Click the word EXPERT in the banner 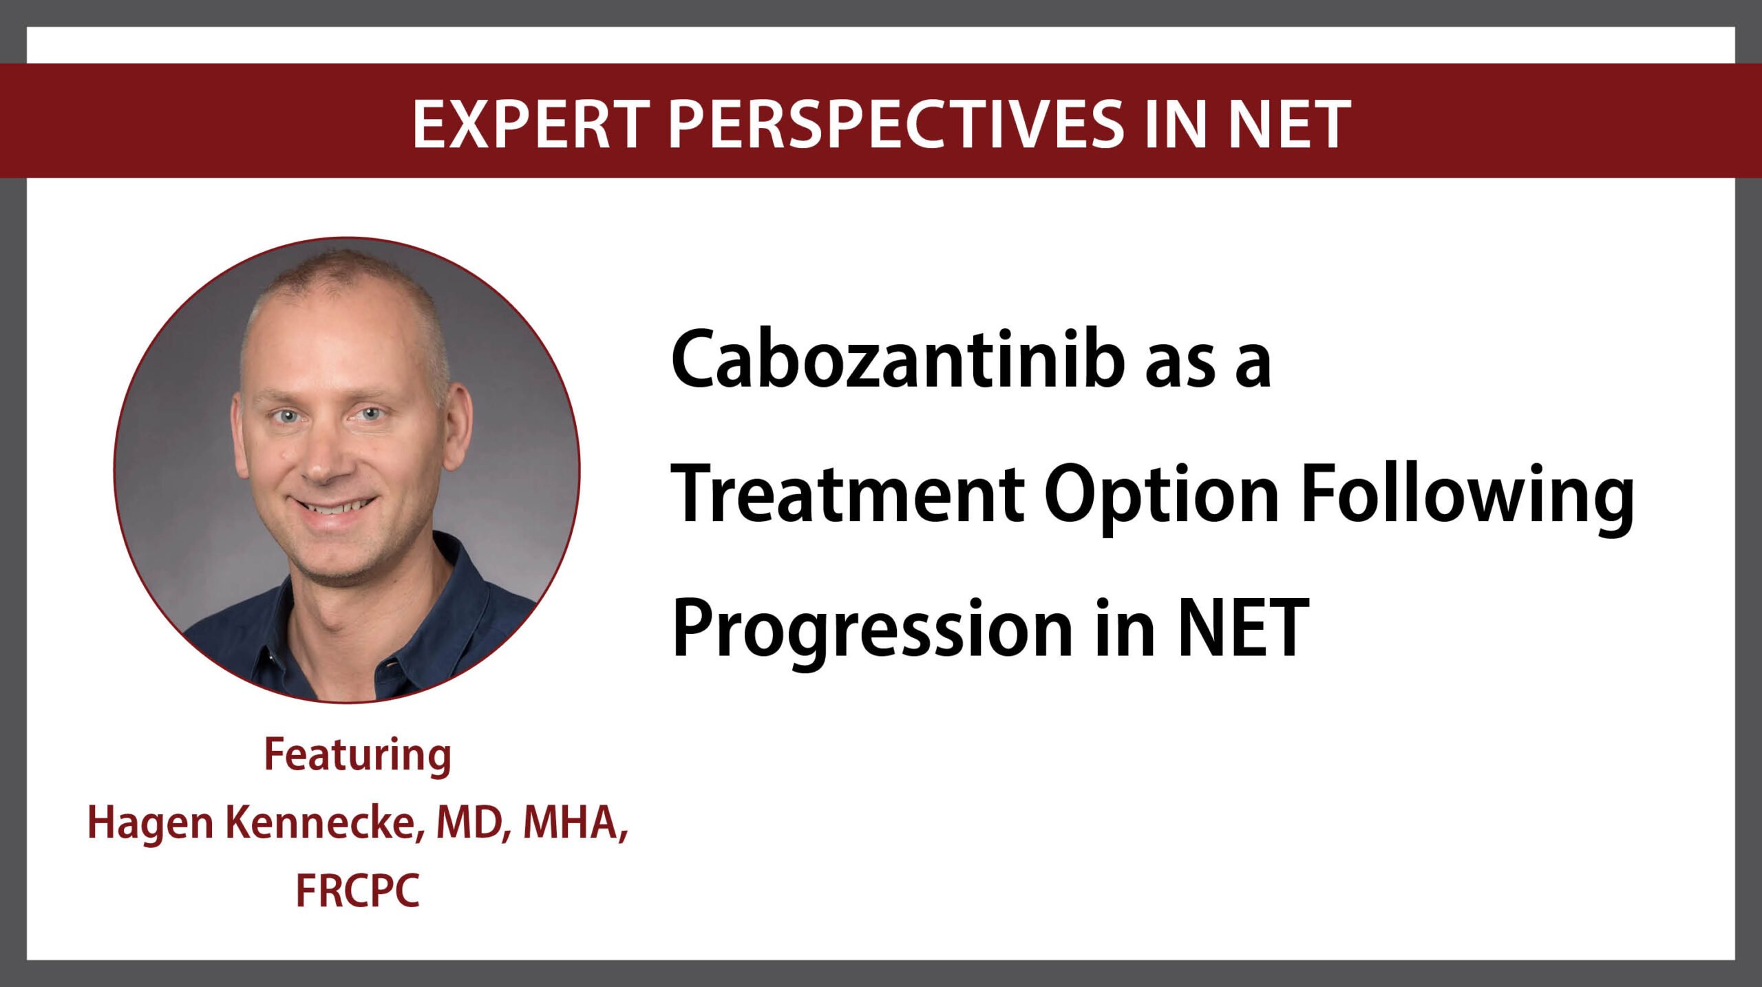[531, 124]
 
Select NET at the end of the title [1243, 628]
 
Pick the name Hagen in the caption [151, 824]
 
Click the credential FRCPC [358, 890]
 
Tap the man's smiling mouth [334, 508]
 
